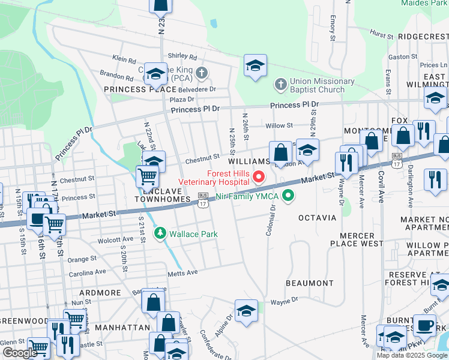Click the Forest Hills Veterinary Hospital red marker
259,176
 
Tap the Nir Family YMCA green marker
289,196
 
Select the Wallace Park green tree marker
160,233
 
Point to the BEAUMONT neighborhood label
309,283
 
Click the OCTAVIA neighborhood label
317,217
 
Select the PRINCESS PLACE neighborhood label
131,89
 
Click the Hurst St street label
381,35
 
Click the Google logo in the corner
20,353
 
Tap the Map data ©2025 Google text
412,355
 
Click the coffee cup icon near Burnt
424,326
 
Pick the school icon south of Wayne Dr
246,312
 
